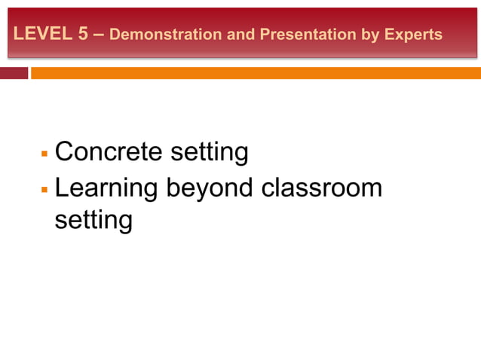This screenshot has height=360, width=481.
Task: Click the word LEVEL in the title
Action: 41,34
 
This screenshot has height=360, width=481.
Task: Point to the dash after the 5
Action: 99,34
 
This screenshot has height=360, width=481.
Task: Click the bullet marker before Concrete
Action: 44,154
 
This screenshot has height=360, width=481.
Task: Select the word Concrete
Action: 109,152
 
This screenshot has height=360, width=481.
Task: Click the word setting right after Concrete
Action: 209,153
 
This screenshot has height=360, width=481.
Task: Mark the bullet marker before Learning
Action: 44,189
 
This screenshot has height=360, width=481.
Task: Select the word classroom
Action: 322,188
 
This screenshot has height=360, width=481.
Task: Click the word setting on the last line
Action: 93,221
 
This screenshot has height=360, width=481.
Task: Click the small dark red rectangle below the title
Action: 14,73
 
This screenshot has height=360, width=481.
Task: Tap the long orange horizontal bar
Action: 255,73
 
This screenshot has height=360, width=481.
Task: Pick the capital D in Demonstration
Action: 115,35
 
